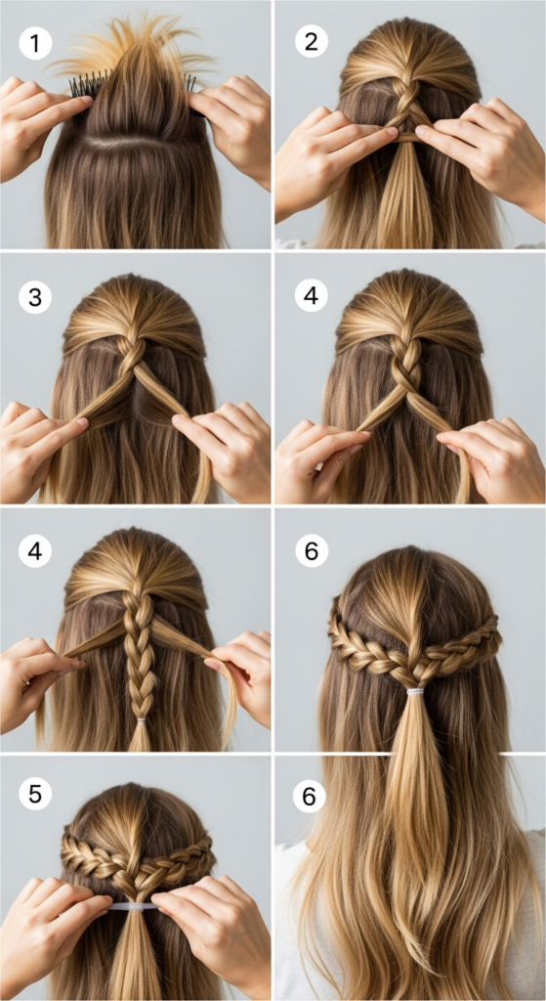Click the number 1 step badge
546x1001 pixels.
pos(35,43)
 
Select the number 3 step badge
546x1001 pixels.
pos(35,297)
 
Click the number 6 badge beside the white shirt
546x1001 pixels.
pos(310,797)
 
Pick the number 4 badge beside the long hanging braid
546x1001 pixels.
pos(35,551)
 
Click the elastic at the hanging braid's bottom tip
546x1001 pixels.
pos(141,721)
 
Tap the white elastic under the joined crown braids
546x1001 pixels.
pos(416,692)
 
